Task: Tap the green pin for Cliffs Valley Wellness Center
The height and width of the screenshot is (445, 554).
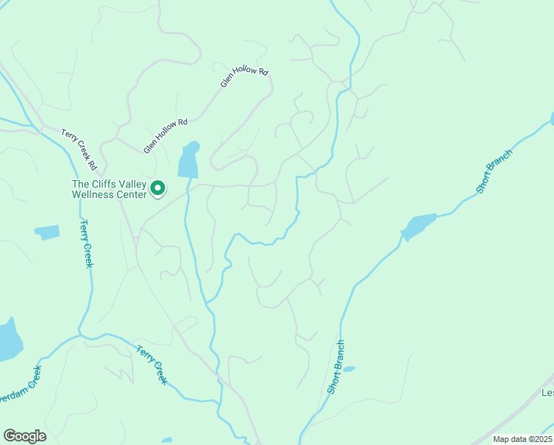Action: pyautogui.click(x=158, y=189)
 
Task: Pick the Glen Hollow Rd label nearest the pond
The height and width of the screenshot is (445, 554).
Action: pyautogui.click(x=166, y=136)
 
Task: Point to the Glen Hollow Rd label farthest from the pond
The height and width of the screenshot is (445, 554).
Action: pyautogui.click(x=244, y=77)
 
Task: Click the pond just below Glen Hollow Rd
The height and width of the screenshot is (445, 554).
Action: pyautogui.click(x=189, y=159)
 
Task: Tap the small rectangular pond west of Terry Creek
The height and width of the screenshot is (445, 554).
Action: pyautogui.click(x=47, y=232)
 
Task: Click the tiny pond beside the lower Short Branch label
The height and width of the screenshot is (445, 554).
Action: pyautogui.click(x=349, y=369)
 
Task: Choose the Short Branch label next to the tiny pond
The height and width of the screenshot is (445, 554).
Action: pyautogui.click(x=336, y=366)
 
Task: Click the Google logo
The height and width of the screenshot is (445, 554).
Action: pyautogui.click(x=24, y=436)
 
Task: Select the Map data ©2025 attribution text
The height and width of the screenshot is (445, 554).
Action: pyautogui.click(x=522, y=439)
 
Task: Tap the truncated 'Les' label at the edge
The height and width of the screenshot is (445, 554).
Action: pyautogui.click(x=547, y=393)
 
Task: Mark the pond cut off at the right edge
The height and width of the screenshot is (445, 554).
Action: pyautogui.click(x=552, y=119)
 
